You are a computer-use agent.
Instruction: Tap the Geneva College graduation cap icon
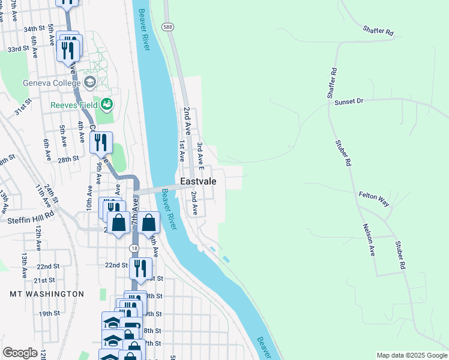point(90,82)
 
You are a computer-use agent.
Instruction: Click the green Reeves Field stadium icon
point(107,104)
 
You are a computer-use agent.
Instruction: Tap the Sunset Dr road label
point(349,101)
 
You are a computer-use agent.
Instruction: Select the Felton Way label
point(374,199)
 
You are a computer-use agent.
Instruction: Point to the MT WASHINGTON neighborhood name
point(47,294)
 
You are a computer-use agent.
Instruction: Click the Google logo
point(20,353)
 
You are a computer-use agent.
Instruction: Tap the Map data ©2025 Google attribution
point(411,355)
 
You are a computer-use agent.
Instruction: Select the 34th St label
point(34,29)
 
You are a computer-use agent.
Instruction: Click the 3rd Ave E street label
point(201,154)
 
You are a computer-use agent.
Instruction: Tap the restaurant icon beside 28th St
point(101,143)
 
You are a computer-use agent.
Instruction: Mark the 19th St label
point(50,313)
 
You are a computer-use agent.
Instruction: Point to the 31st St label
point(23,110)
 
